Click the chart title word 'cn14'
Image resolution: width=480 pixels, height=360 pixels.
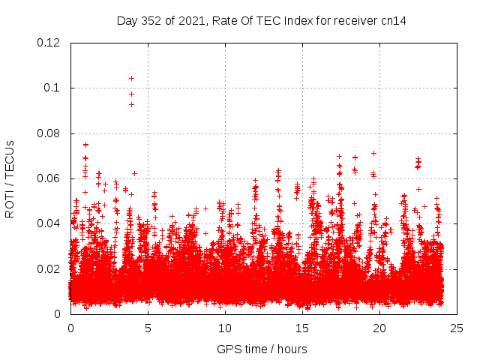393,21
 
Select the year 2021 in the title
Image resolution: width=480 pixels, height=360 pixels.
191,21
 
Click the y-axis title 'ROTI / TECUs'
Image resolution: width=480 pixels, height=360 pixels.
10,178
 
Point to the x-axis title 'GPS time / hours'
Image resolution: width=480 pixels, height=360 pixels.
262,349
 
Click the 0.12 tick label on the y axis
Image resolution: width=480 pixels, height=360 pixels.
49,43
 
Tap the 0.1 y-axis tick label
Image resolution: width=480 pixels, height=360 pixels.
53,88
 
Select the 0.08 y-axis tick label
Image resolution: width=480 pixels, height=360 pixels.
49,133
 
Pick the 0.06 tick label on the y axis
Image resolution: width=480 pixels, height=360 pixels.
49,178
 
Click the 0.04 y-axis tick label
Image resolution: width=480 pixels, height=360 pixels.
49,223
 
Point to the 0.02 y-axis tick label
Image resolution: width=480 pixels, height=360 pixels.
49,268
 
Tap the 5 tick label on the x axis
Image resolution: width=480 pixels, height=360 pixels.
148,328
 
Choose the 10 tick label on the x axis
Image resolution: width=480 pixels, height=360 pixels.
225,328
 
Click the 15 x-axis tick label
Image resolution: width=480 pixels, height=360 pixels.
302,328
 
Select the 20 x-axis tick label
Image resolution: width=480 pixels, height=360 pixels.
379,328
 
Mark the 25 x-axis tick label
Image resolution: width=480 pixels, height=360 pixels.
457,328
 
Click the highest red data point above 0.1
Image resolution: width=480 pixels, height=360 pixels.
131,78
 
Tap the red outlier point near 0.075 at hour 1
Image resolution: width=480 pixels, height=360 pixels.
85,144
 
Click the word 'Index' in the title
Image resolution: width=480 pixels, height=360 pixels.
298,21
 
